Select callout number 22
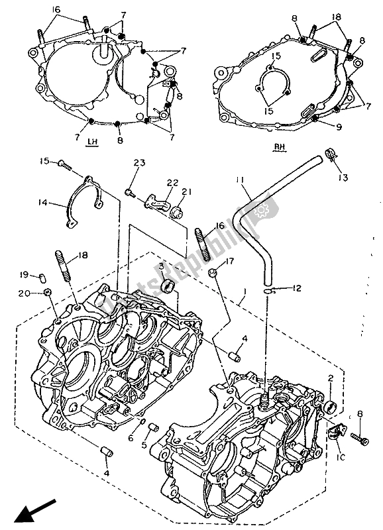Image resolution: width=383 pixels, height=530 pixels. (x=172, y=183)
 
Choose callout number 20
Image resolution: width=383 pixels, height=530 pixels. (x=40, y=292)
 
